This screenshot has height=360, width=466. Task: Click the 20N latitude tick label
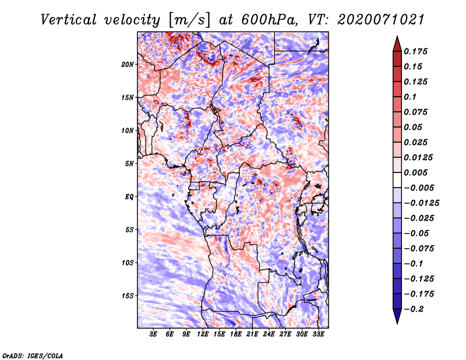128,64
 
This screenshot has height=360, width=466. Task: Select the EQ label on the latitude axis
129,197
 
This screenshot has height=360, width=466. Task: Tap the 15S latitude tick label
128,296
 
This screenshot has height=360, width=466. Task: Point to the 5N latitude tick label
129,164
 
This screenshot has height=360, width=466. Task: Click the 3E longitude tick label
153,334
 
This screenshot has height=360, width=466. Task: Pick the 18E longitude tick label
236,334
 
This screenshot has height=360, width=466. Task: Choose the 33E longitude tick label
318,334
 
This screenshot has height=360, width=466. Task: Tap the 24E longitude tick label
269,334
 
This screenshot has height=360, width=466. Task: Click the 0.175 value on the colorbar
415,51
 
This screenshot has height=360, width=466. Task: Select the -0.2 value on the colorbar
414,309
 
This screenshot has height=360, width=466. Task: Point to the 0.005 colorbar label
415,172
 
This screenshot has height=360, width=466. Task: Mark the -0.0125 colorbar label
421,203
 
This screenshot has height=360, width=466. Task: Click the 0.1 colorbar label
410,97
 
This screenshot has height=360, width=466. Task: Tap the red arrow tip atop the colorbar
397,36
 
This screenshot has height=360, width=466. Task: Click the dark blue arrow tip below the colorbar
397,323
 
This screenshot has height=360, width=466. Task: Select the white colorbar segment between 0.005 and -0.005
397,180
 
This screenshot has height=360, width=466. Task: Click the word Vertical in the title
69,20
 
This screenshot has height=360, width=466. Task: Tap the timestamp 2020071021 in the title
381,20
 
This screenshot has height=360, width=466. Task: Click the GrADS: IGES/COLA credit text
33,355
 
